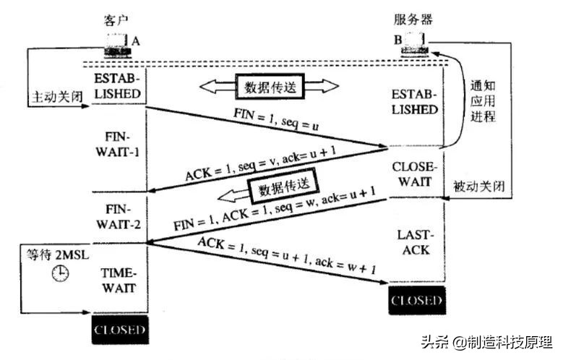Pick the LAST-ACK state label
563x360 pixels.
(413, 243)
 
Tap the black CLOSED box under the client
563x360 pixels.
(120, 332)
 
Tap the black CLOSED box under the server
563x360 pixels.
(416, 299)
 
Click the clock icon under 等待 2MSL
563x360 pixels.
(59, 274)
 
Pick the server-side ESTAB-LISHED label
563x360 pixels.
(414, 101)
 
